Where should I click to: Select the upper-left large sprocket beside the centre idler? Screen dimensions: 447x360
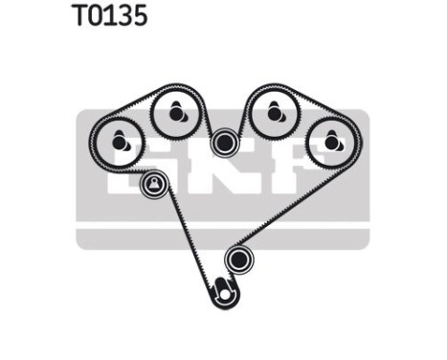pyautogui.click(x=176, y=113)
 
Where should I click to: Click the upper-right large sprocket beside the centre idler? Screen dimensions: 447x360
pyautogui.click(x=275, y=113)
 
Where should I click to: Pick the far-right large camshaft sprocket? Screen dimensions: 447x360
pyautogui.click(x=331, y=141)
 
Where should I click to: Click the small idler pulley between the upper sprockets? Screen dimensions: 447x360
pyautogui.click(x=225, y=143)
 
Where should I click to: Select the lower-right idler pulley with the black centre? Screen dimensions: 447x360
pyautogui.click(x=237, y=259)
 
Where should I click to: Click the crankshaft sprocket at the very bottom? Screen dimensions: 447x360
pyautogui.click(x=225, y=289)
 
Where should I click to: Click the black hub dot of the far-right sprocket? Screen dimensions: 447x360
pyautogui.click(x=332, y=143)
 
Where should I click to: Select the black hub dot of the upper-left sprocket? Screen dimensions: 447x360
pyautogui.click(x=176, y=113)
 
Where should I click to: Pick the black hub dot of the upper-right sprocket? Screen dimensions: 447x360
pyautogui.click(x=275, y=113)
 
